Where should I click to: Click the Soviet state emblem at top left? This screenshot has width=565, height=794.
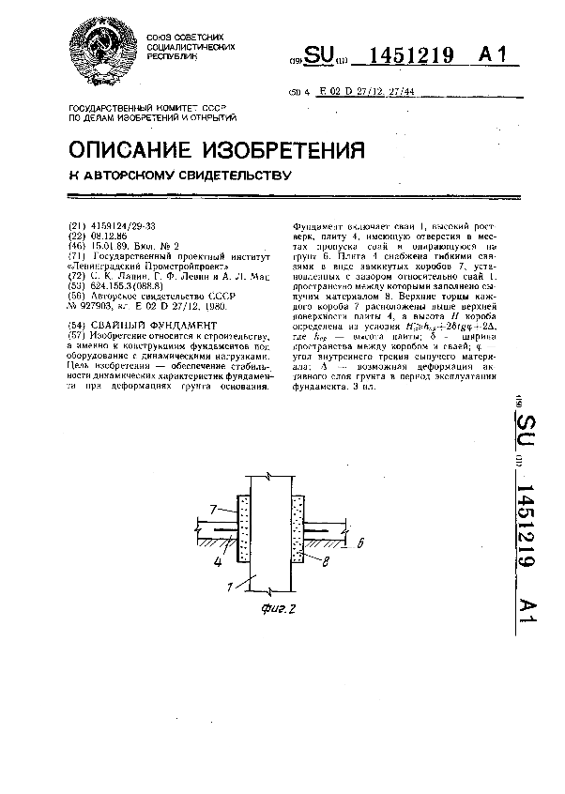click(100, 53)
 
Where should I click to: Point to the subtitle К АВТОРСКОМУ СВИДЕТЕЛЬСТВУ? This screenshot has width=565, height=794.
click(181, 176)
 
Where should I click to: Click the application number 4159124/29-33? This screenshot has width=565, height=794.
click(123, 226)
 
